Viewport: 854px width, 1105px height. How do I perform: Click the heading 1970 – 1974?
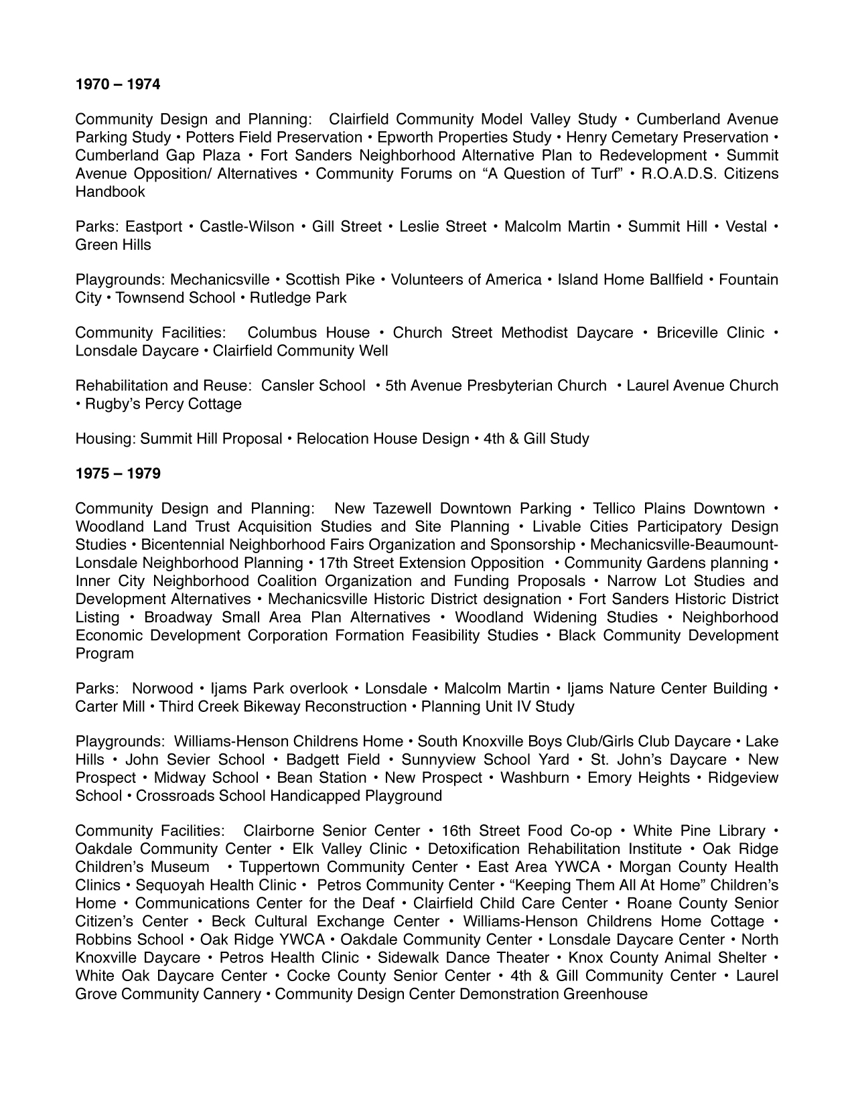[118, 84]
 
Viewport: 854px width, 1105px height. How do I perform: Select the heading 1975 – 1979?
[118, 473]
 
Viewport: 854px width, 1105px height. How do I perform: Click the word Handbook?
[110, 192]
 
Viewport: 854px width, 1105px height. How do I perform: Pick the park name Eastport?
[153, 227]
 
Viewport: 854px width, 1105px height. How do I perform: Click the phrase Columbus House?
[308, 333]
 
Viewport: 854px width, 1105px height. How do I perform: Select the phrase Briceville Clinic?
[710, 333]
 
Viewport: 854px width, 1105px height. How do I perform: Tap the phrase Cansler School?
[313, 386]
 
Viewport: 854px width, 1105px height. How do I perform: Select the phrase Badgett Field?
[332, 760]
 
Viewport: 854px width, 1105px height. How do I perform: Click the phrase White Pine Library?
[699, 831]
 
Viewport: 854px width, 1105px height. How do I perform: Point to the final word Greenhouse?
[605, 994]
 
